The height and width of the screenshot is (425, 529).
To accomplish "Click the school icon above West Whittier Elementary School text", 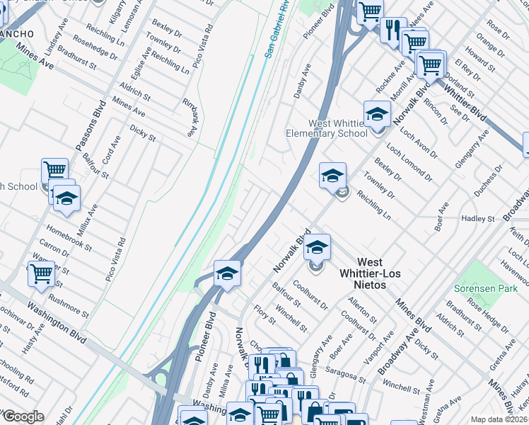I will (377, 113).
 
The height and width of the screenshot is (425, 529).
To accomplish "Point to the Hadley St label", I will (478, 219).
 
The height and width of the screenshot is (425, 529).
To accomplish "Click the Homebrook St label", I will (69, 235).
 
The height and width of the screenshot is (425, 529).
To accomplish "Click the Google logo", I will (23, 416).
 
